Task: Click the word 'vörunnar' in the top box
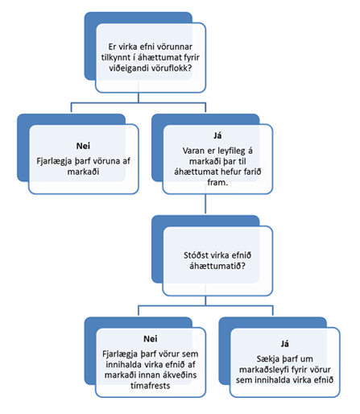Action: [x=175, y=47]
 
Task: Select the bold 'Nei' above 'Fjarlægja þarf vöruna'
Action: [x=83, y=146]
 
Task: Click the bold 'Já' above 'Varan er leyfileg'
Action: [x=217, y=135]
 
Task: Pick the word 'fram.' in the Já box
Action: [x=217, y=182]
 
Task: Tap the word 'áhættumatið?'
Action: [x=217, y=266]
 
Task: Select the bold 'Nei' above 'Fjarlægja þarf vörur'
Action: [x=151, y=338]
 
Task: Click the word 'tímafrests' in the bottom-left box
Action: [x=151, y=386]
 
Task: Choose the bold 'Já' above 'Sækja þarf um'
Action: [x=284, y=344]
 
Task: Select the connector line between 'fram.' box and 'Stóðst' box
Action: [x=205, y=204]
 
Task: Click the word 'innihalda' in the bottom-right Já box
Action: [x=271, y=380]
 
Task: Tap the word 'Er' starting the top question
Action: [x=112, y=47]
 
